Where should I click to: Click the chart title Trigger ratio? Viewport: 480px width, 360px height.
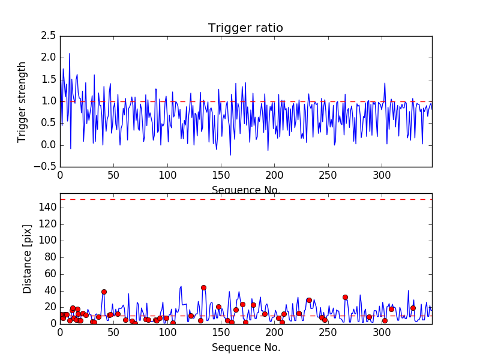click(245, 28)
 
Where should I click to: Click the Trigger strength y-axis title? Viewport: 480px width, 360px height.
click(22, 101)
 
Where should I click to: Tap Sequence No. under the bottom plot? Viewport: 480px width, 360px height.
click(245, 347)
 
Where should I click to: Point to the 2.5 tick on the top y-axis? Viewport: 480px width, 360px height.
click(49, 36)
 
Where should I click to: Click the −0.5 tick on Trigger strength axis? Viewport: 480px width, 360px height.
click(46, 167)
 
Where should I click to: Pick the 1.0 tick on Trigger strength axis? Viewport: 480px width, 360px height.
click(49, 101)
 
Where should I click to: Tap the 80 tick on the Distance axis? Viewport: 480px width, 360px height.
click(49, 257)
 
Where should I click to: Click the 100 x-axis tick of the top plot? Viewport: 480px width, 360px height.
click(167, 176)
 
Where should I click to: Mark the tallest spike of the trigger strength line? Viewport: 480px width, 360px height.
click(70, 53)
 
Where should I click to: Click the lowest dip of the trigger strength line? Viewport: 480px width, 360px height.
click(230, 155)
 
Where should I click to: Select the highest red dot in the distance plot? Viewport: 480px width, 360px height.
click(203, 287)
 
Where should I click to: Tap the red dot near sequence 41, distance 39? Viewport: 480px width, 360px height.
click(104, 292)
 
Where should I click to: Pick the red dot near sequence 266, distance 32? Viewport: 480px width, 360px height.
click(345, 297)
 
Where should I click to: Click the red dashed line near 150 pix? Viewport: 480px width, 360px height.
click(245, 199)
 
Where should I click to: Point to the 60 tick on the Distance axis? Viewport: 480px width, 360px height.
click(49, 274)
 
